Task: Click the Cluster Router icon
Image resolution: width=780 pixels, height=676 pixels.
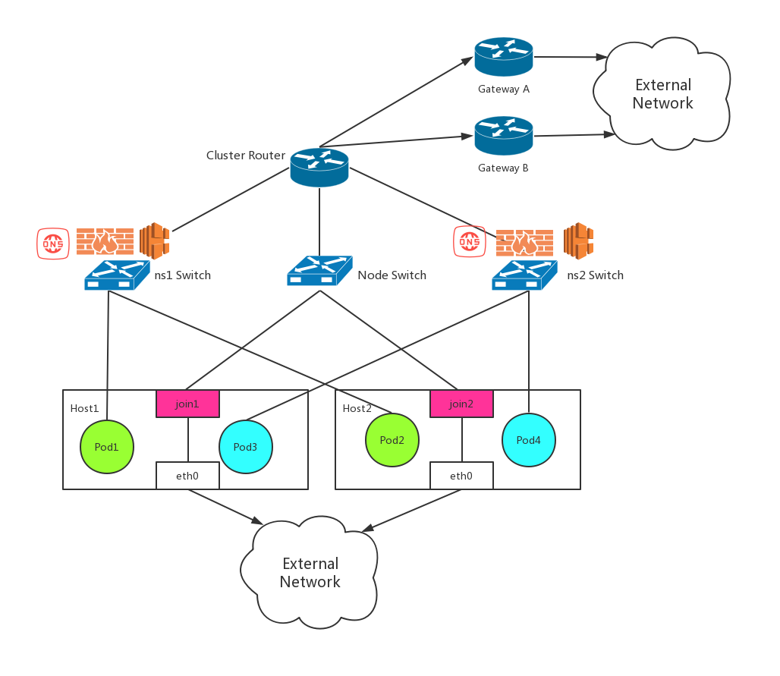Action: click(319, 167)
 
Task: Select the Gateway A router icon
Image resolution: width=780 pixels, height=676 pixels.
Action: click(504, 57)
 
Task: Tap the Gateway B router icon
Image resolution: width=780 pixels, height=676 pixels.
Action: click(504, 136)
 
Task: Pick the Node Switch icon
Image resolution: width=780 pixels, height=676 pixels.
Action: click(319, 270)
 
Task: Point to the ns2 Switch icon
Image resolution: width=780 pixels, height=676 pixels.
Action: click(524, 275)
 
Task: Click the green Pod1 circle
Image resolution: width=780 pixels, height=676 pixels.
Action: click(107, 447)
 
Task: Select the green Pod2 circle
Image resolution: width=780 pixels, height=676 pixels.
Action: click(392, 440)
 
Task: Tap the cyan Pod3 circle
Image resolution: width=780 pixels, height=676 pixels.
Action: click(245, 447)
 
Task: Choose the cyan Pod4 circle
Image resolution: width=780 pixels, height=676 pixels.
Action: click(529, 440)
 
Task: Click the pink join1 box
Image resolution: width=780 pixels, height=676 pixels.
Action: click(187, 404)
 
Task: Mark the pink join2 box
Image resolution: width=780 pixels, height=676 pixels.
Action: click(461, 404)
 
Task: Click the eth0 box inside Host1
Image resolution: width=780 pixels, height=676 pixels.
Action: click(187, 476)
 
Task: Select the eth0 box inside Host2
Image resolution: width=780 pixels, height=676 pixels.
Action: click(461, 476)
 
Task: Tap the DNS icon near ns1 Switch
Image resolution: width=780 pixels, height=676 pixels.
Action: click(53, 243)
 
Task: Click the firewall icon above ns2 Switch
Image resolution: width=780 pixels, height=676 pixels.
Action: click(524, 243)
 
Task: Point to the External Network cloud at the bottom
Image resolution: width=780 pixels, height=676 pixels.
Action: click(310, 573)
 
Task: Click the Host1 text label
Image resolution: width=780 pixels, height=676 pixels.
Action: click(84, 408)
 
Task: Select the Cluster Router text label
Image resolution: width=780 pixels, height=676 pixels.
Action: click(246, 156)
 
